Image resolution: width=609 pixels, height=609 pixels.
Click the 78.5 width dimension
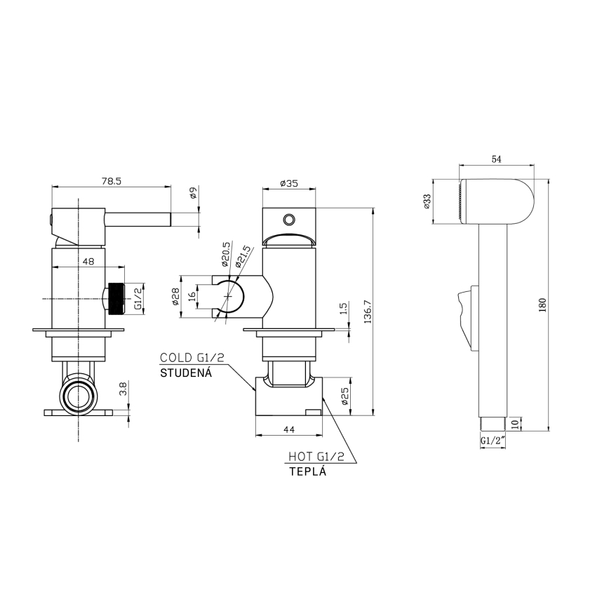[x=112, y=181]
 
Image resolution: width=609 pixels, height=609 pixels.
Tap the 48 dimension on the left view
[x=88, y=261]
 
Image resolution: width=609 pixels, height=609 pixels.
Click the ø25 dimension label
[x=344, y=397]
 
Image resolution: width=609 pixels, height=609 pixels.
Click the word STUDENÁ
[x=186, y=372]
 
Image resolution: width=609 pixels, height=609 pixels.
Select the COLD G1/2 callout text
[x=192, y=358]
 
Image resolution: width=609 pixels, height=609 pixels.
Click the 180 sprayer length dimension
[x=542, y=305]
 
